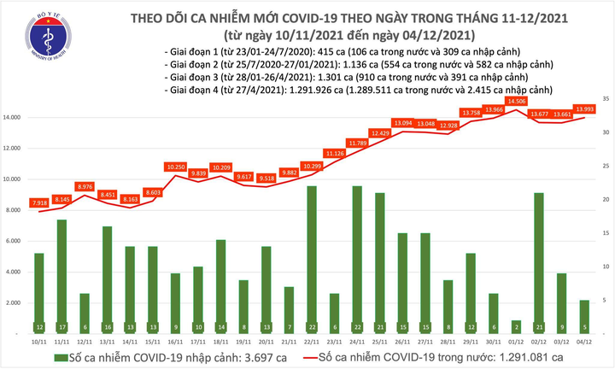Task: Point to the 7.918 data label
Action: [38, 203]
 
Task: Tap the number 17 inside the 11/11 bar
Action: [61, 326]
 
